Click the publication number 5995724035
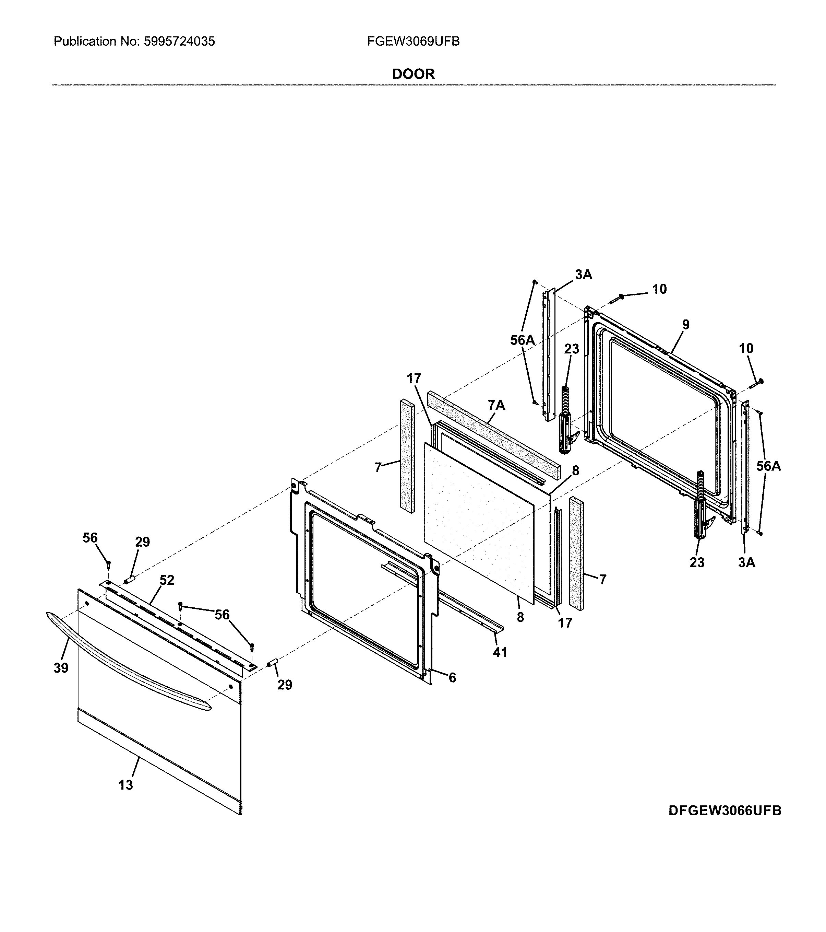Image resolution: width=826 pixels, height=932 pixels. pos(179,42)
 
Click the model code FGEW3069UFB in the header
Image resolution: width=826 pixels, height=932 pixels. pos(413,42)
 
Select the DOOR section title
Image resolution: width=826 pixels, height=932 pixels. pos(413,74)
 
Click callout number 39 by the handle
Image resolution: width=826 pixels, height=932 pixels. pos(61,668)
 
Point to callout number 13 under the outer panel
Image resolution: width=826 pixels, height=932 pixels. pos(126,785)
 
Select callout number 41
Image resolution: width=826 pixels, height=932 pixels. pos(500,652)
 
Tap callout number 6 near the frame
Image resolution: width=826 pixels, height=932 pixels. pos(452,678)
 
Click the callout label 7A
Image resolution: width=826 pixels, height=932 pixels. pos(496,405)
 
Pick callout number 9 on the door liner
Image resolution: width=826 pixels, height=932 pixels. pos(686,325)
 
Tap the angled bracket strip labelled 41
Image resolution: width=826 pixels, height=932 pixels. pos(456,602)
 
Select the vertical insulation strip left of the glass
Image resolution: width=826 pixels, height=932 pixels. pos(407,456)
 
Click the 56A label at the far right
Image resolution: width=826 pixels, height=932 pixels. pos(769,466)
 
